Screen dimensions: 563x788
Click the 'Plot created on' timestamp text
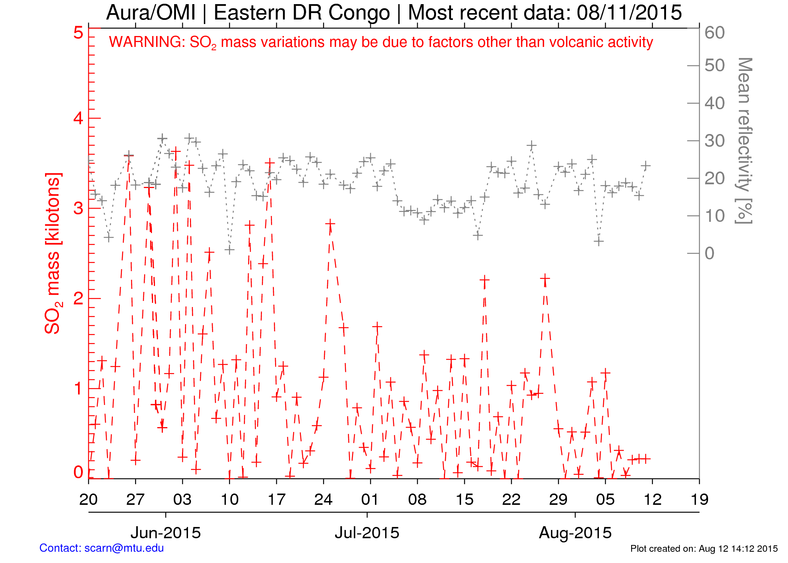pyautogui.click(x=704, y=549)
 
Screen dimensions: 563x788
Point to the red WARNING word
pyautogui.click(x=146, y=42)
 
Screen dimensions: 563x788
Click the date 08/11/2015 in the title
pyautogui.click(x=629, y=12)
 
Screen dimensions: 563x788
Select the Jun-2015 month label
pyautogui.click(x=165, y=533)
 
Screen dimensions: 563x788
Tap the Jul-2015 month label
pyautogui.click(x=367, y=533)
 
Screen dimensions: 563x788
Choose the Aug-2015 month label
pyautogui.click(x=575, y=533)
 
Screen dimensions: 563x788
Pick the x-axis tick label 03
pyautogui.click(x=182, y=500)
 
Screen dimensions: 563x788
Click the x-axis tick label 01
pyautogui.click(x=370, y=500)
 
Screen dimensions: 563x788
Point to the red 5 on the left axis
pyautogui.click(x=78, y=33)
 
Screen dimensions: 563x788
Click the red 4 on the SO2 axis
pyautogui.click(x=78, y=118)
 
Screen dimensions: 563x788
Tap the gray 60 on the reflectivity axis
pyautogui.click(x=714, y=33)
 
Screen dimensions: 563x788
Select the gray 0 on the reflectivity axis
pyautogui.click(x=709, y=253)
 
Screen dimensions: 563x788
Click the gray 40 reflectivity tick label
pyautogui.click(x=714, y=103)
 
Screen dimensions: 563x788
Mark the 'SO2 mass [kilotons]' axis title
pyautogui.click(x=53, y=253)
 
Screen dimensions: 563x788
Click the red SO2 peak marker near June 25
pyautogui.click(x=330, y=224)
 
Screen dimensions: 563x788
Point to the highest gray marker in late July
pyautogui.click(x=531, y=145)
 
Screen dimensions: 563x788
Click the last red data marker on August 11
pyautogui.click(x=645, y=459)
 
